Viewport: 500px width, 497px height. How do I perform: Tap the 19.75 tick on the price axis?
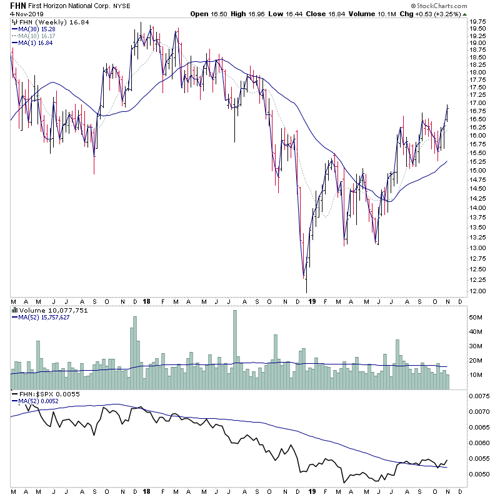coord(479,28)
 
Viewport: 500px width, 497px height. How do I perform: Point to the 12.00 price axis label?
coord(479,291)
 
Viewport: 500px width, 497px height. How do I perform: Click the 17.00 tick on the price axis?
coord(479,103)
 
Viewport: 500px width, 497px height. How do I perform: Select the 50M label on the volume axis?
coord(477,318)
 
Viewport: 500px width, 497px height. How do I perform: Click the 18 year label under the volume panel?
coord(147,301)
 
